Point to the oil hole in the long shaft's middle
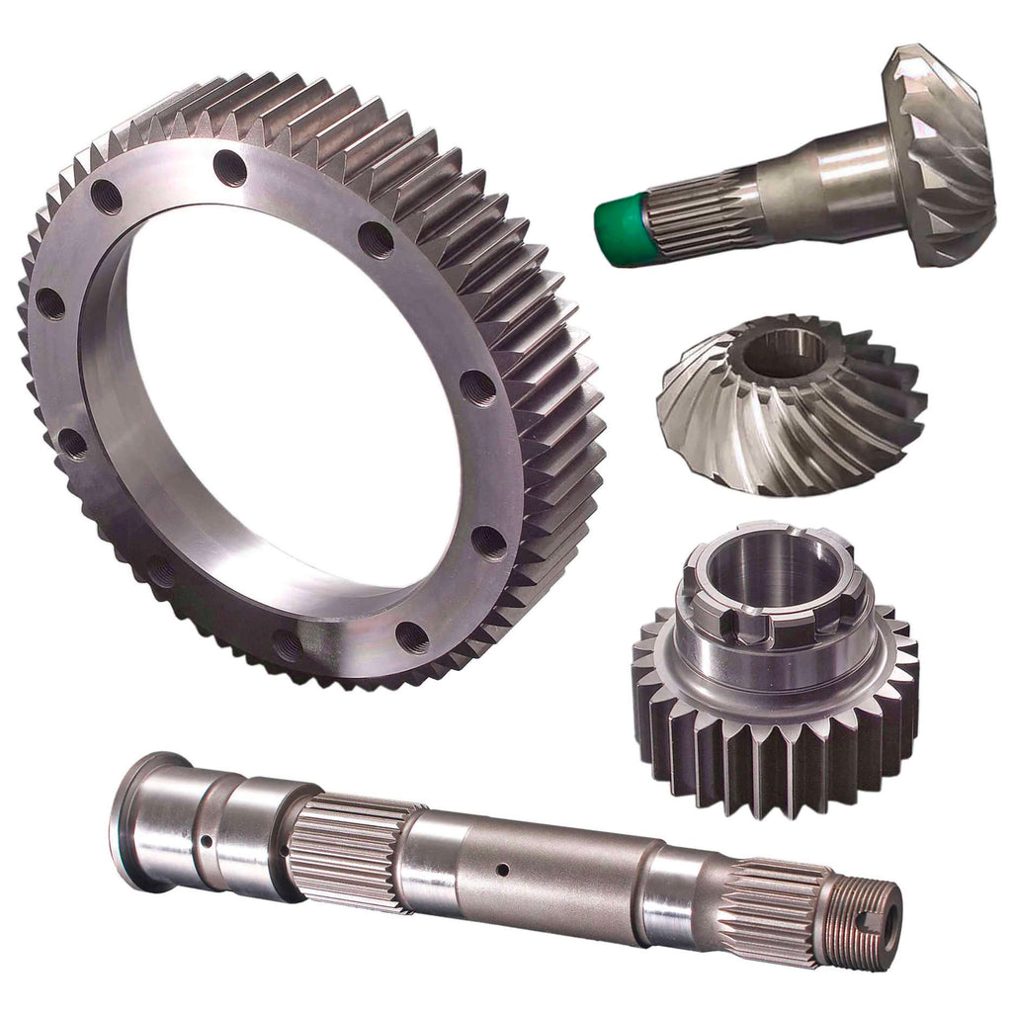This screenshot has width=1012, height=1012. pyautogui.click(x=502, y=870)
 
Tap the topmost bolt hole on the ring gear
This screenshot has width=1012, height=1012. pyautogui.click(x=229, y=168)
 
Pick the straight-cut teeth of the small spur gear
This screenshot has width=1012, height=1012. pyautogui.click(x=771, y=761)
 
